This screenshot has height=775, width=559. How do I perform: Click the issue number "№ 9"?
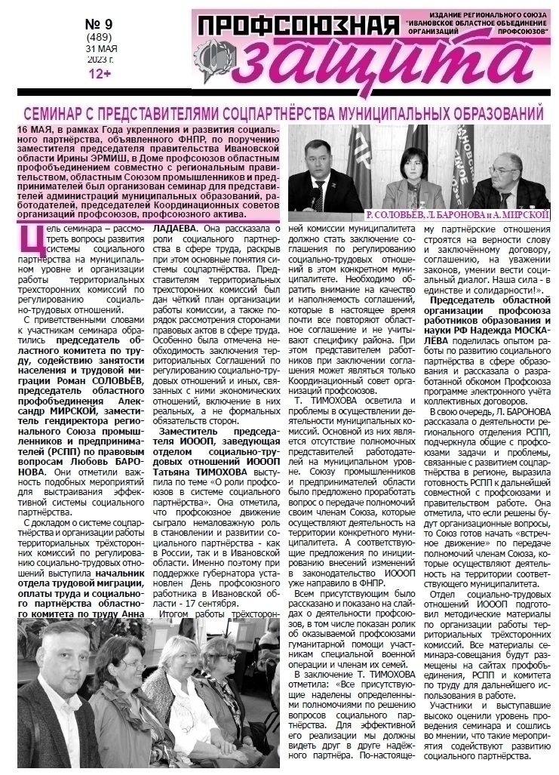pos(100,23)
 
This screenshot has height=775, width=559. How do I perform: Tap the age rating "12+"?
pos(100,73)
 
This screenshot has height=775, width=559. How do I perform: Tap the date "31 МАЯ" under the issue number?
pos(100,50)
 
